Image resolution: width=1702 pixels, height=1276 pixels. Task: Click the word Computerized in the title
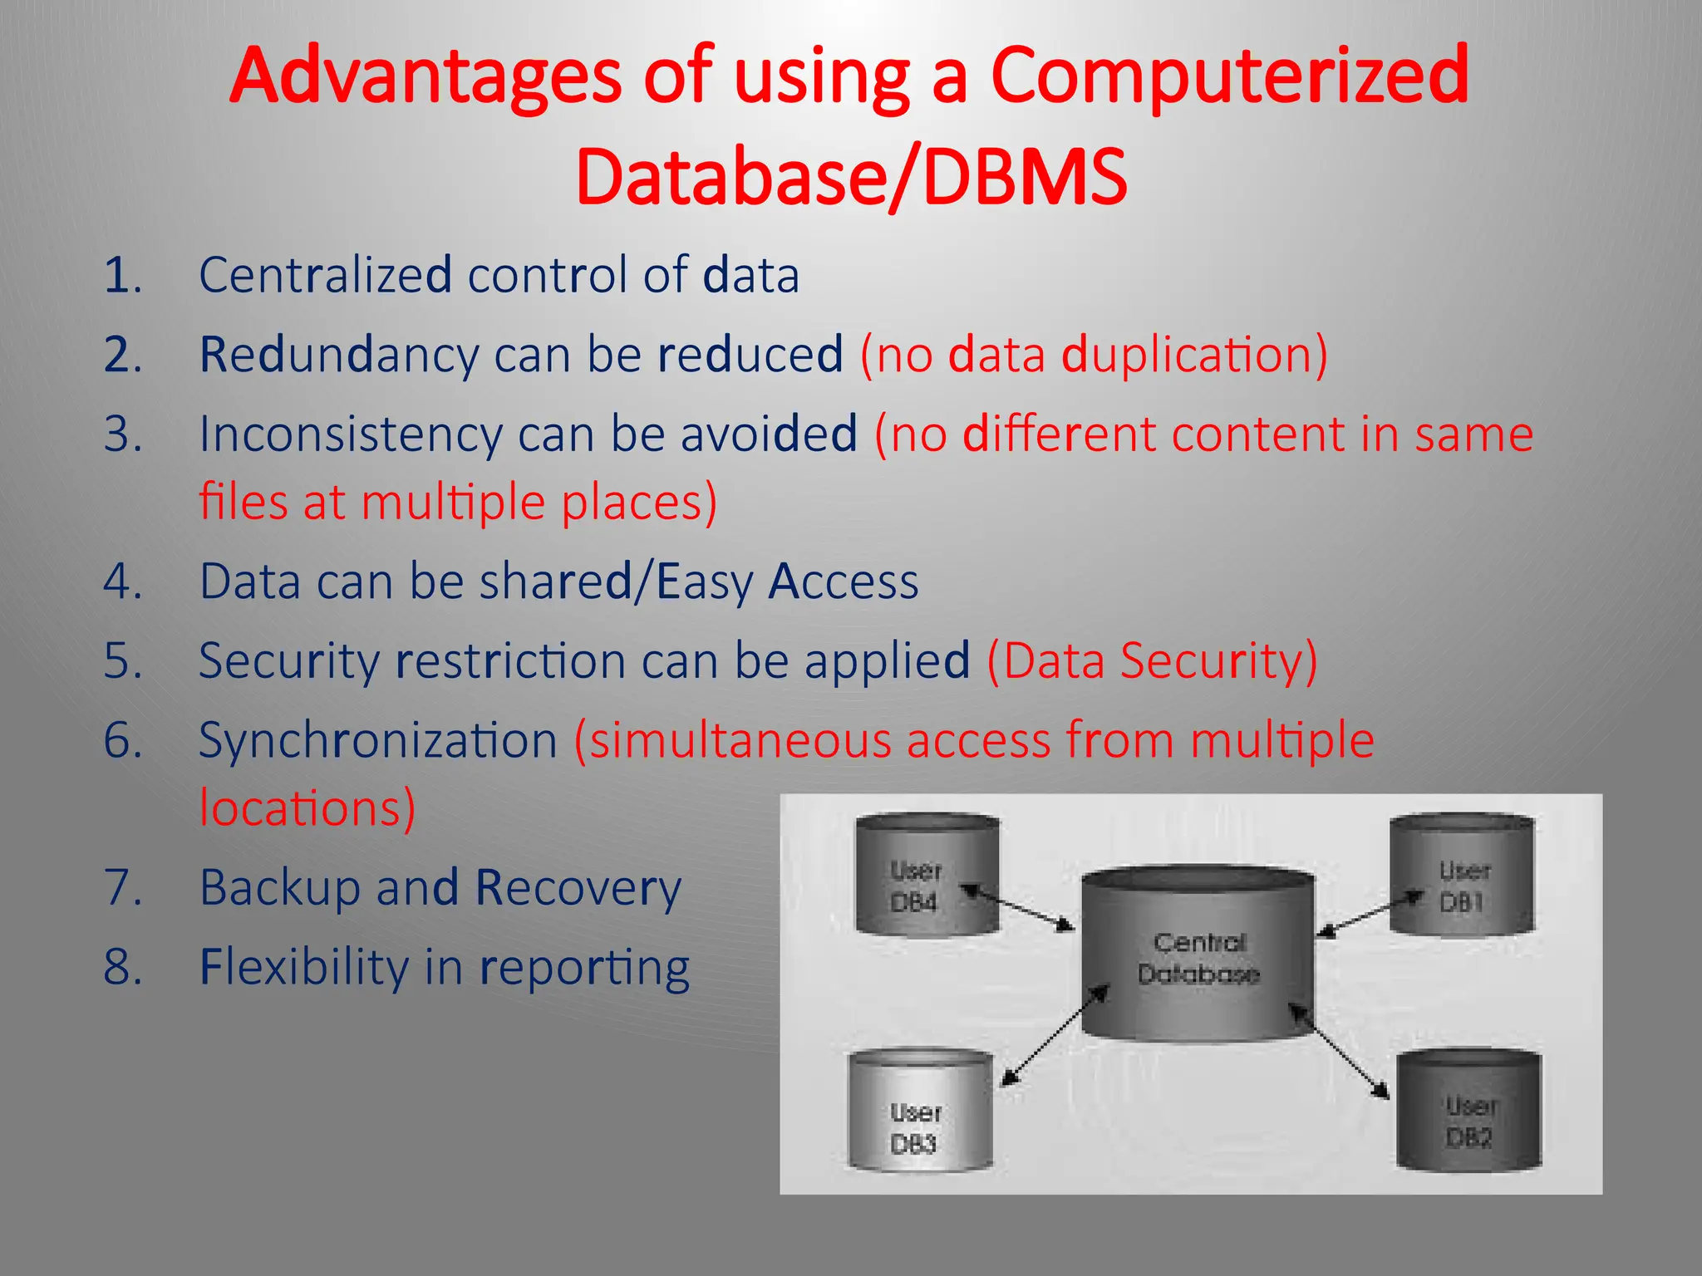[1230, 76]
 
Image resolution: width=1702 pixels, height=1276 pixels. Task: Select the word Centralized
[325, 275]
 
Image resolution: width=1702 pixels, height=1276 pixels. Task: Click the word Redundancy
[339, 356]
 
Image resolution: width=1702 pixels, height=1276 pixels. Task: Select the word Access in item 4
[843, 582]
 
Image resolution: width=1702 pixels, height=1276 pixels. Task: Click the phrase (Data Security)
[1152, 661]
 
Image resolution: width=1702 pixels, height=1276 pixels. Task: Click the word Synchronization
[378, 741]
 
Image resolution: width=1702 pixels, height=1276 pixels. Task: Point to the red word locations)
[307, 808]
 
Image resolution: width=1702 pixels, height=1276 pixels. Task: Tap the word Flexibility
[304, 968]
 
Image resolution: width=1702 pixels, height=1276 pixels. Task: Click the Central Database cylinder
[1198, 955]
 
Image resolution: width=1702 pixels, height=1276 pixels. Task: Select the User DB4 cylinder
[927, 876]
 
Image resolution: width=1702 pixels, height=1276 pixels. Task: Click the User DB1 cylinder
[1462, 876]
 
